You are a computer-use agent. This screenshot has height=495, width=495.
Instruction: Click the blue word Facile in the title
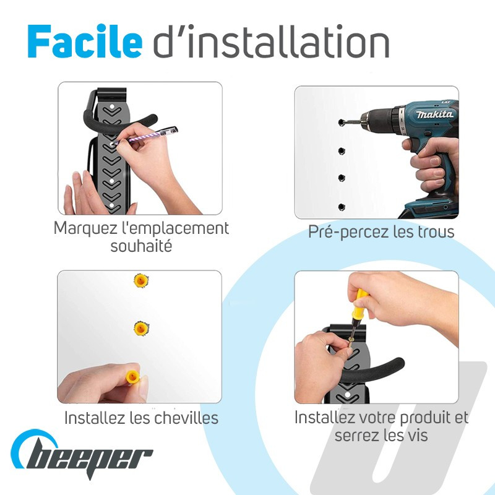coord(85,41)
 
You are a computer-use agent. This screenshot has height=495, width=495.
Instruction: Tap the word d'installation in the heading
coord(271,41)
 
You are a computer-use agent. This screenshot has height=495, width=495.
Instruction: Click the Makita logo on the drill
coord(434,114)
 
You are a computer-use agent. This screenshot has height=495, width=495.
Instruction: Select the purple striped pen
coord(145,136)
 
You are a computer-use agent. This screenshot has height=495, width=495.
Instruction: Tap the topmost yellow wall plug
coord(141,281)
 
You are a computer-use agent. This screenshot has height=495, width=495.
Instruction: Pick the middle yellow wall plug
coord(141,329)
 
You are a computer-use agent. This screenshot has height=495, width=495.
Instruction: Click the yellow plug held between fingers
coord(133,377)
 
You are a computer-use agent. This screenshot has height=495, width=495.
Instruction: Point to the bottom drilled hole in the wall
coord(342,207)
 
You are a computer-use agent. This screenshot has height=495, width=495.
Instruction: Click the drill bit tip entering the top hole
coord(341,123)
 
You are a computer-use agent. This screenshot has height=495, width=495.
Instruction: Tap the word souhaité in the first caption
coord(141,246)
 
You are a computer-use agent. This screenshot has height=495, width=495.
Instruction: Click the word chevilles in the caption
coord(186,418)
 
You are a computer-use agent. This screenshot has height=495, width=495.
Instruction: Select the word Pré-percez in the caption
coord(348,233)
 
